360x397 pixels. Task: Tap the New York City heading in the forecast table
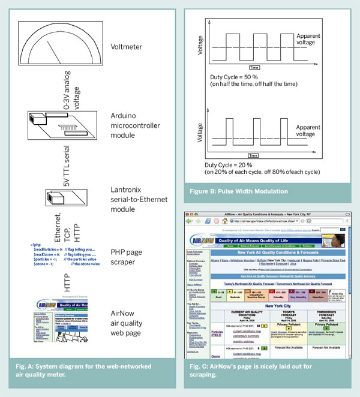click(277, 305)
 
